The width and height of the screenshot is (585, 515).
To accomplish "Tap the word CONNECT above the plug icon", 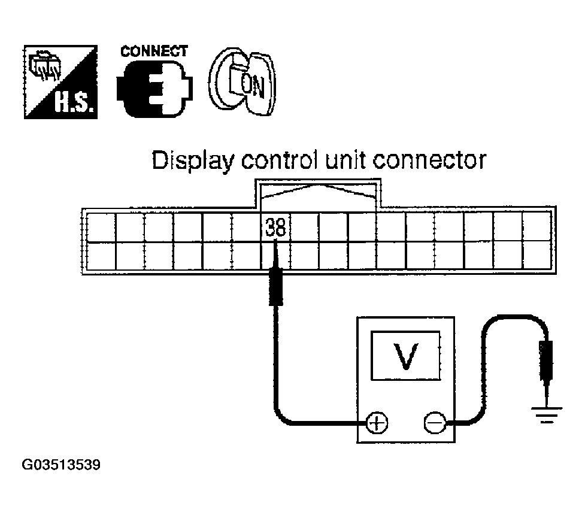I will point(154,51).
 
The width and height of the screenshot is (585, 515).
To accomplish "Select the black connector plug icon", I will point(154,90).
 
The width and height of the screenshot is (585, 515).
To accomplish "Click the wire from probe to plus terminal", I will point(276,371).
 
